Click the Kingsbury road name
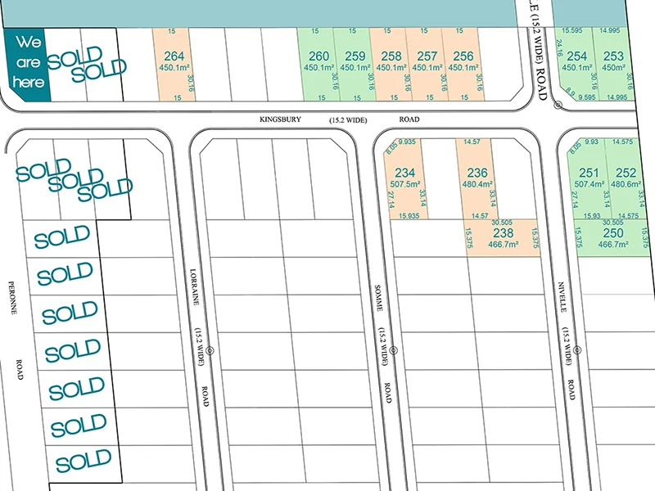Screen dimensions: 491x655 coord(281,119)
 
